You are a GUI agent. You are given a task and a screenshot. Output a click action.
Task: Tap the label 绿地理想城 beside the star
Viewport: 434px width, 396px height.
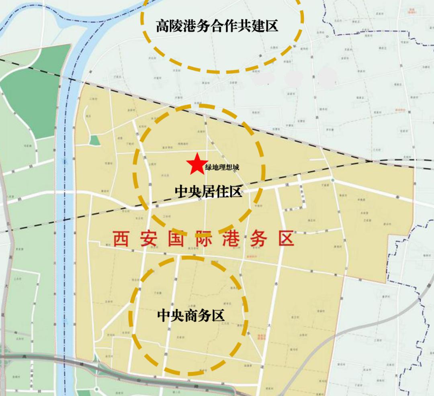(x=222, y=167)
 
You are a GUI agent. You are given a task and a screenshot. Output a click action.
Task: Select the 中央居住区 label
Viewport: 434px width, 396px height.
(x=208, y=192)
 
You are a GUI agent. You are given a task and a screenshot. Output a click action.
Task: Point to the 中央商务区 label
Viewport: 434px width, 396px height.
(x=190, y=316)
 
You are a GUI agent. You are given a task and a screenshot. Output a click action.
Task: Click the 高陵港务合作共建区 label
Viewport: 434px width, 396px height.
(x=217, y=27)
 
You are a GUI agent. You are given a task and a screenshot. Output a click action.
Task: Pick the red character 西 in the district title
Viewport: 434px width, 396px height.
(x=121, y=239)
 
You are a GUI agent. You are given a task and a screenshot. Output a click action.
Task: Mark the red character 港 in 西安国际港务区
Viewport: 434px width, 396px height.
(x=231, y=239)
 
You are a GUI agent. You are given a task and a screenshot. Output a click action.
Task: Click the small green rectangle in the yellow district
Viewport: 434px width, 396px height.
(x=94, y=140)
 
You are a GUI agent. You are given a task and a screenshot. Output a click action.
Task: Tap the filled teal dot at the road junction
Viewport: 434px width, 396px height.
(x=333, y=180)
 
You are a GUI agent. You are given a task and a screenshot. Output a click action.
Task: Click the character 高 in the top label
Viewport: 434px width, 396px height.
(x=162, y=27)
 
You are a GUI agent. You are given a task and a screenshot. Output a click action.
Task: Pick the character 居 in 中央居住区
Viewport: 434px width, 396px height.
(x=208, y=192)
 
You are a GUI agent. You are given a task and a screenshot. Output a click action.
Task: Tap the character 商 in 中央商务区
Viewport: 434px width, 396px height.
(x=190, y=316)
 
